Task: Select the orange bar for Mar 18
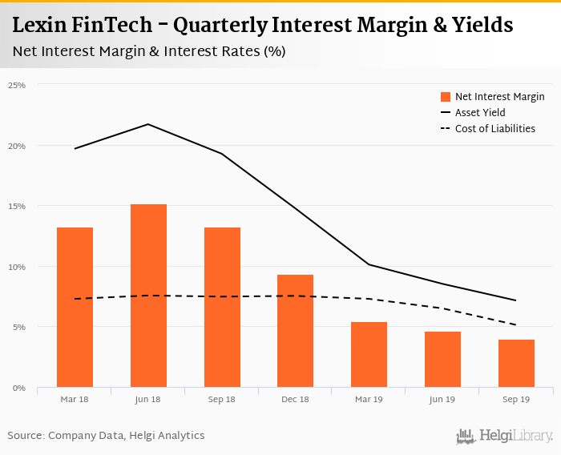pos(75,308)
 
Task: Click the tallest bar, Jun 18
pos(148,296)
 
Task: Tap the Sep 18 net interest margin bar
pos(222,308)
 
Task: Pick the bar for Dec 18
pos(295,331)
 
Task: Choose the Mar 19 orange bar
pos(369,355)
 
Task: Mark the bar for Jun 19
pos(442,360)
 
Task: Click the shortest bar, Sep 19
pos(516,364)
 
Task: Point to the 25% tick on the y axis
pos(17,85)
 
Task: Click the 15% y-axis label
pos(17,206)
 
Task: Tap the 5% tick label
pos(19,327)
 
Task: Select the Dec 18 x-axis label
pos(295,398)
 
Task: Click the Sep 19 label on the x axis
pos(516,398)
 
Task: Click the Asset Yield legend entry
pos(480,113)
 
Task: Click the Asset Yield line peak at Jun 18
pos(148,124)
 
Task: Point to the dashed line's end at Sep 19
pos(516,324)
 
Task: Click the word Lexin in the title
pos(40,25)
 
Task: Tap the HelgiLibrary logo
pos(505,436)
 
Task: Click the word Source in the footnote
pos(26,436)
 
